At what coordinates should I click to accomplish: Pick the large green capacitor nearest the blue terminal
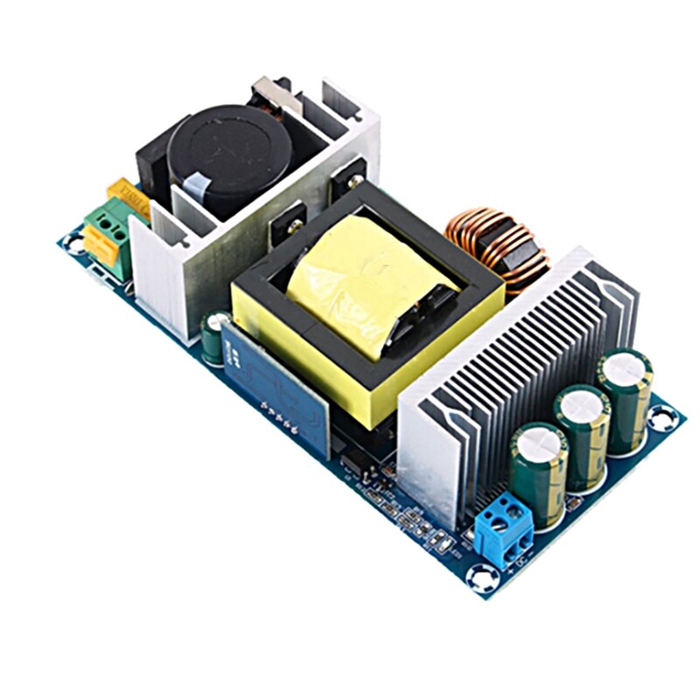tap(539, 472)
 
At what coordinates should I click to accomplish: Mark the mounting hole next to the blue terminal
tap(482, 575)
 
